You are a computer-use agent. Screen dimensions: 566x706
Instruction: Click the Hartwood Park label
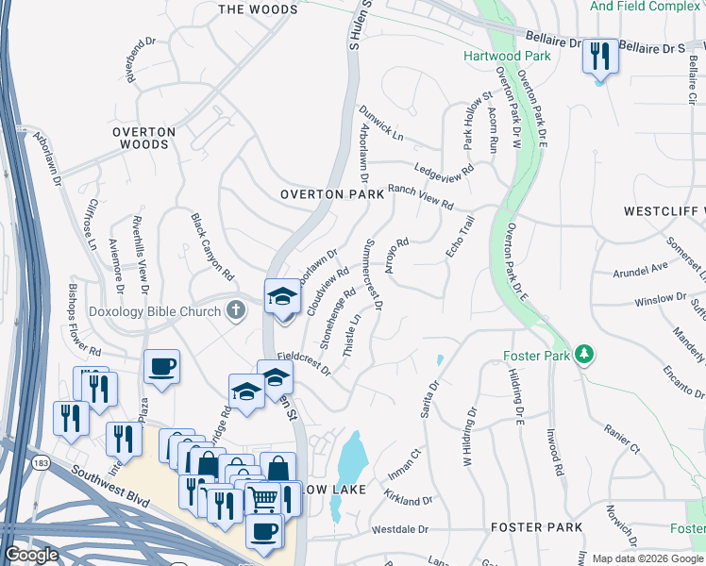507,56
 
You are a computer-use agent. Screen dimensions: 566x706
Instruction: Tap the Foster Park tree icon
586,354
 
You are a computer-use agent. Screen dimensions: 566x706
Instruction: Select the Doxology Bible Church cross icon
236,308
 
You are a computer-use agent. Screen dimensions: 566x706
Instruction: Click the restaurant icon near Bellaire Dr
599,57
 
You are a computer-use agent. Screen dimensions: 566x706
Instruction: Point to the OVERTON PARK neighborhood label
332,194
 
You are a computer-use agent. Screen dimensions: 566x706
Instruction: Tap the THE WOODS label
258,9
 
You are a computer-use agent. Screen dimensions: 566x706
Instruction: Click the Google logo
31,555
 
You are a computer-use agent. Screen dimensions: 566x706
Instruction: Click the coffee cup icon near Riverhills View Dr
161,366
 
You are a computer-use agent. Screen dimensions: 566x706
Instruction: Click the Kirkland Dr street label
408,496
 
